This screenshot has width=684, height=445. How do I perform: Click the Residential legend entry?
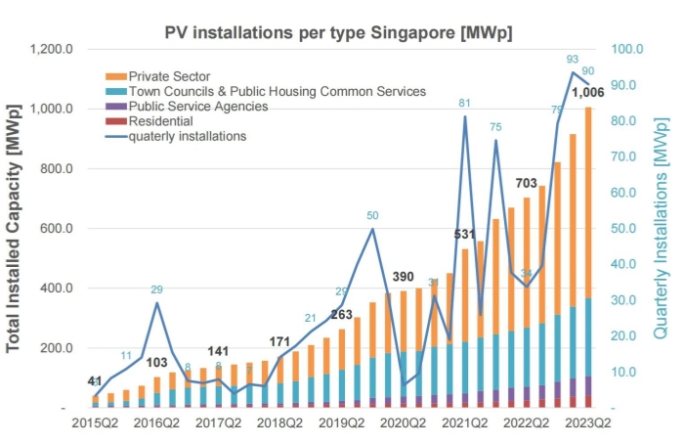coord(161,121)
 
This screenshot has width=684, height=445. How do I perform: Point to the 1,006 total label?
coord(588,93)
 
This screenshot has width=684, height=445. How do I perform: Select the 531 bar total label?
coord(465,235)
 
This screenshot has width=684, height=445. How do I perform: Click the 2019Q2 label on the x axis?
coord(341,423)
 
